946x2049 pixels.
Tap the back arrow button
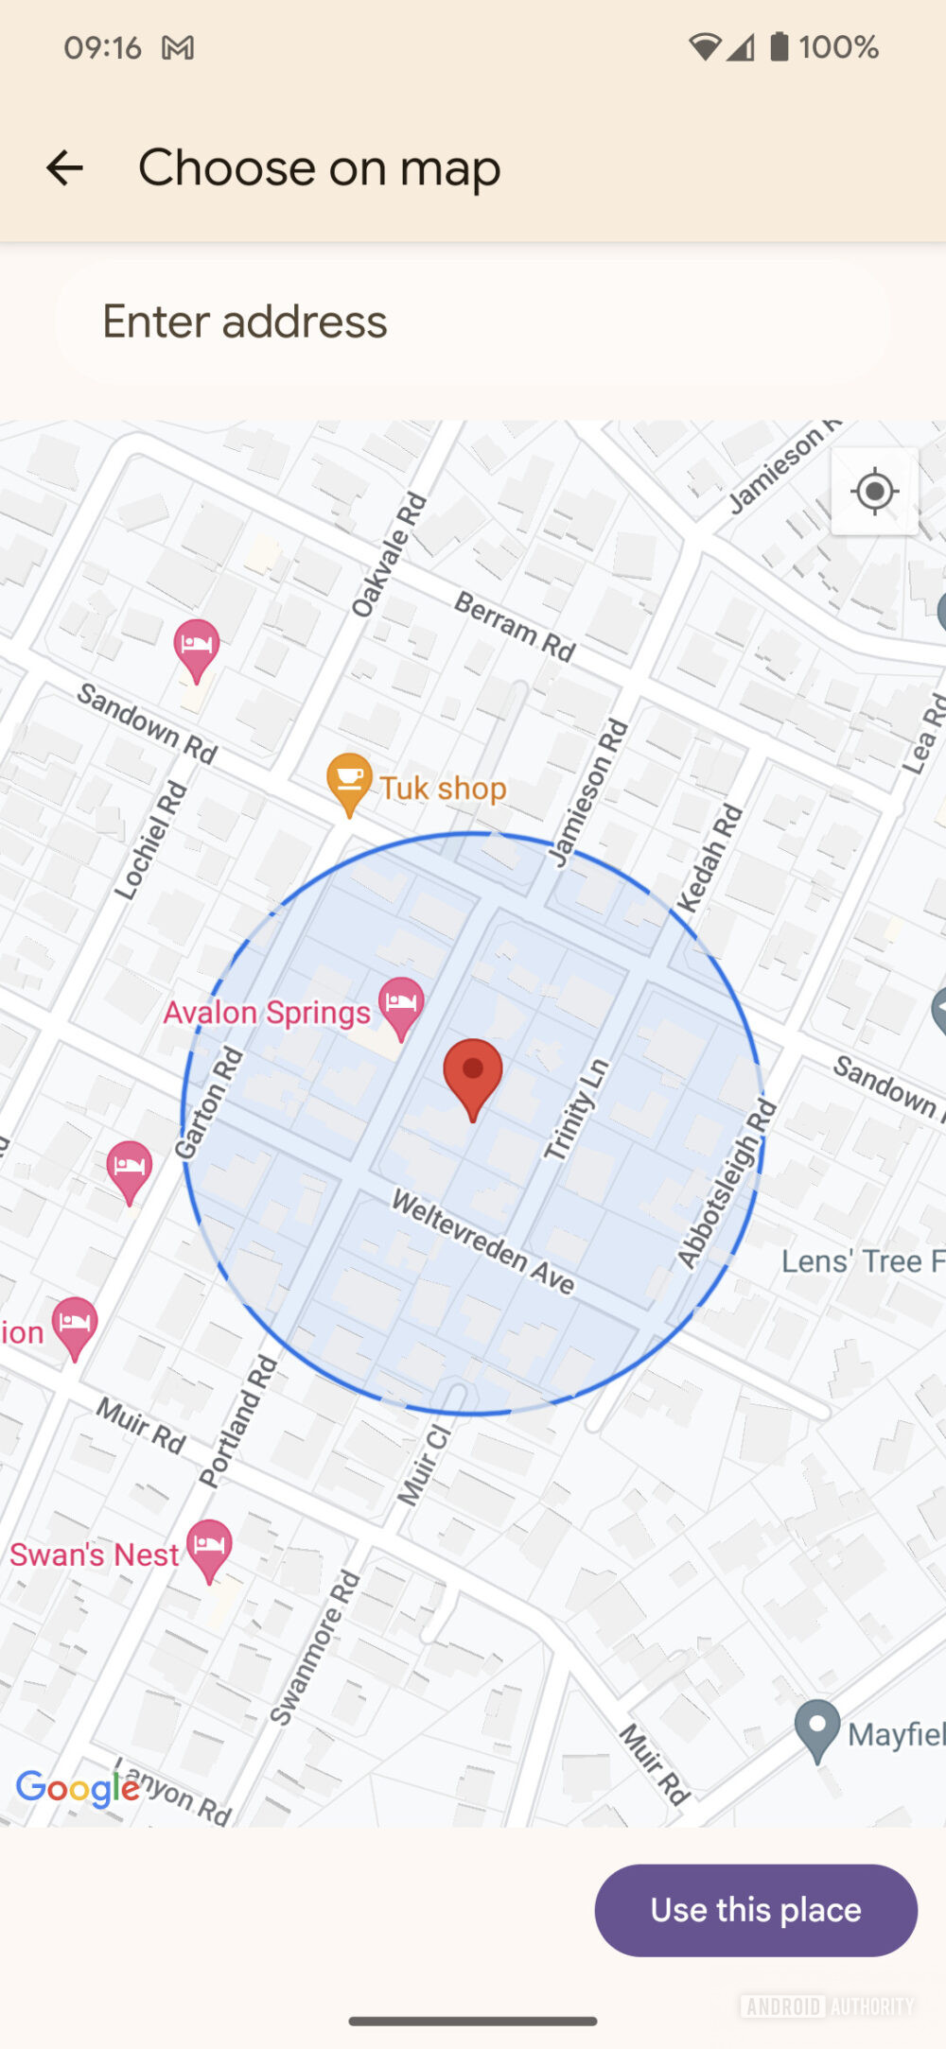click(x=64, y=168)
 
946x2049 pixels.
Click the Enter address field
click(x=473, y=321)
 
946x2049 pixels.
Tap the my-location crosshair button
click(x=874, y=492)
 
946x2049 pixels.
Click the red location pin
click(x=473, y=1076)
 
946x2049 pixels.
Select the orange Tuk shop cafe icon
click(x=349, y=782)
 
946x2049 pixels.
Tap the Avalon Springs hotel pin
click(x=401, y=1005)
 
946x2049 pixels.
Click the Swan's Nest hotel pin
click(x=209, y=1548)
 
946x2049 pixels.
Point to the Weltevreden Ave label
click(x=483, y=1242)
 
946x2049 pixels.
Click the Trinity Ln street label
click(x=575, y=1109)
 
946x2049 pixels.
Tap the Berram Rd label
click(x=516, y=626)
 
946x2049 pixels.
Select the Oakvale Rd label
click(x=389, y=555)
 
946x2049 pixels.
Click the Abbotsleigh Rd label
click(x=727, y=1183)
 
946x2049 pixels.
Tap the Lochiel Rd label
click(x=151, y=840)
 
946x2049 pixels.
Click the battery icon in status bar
click(x=779, y=46)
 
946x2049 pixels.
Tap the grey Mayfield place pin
click(x=817, y=1728)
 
